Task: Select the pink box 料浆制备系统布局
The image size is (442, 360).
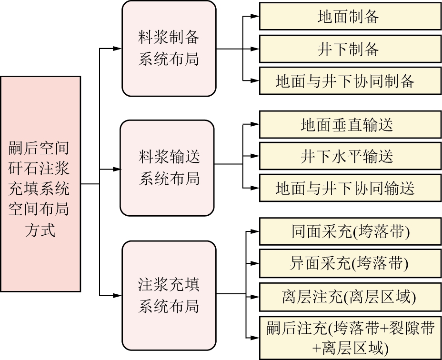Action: point(169,49)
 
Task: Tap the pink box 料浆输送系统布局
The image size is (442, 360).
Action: point(167,168)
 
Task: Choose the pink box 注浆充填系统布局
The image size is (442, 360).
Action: point(169,295)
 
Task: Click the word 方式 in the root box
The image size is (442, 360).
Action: point(40,230)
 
